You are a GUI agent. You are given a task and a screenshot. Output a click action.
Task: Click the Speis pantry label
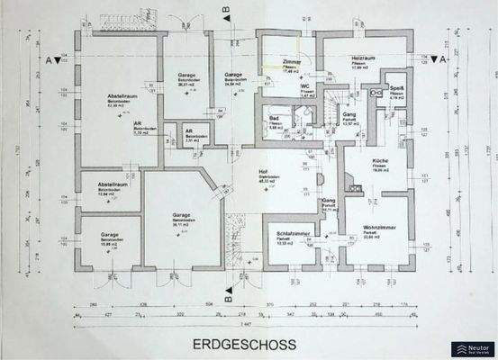[x=395, y=87]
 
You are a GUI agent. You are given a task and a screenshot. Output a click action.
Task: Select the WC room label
[x=307, y=87]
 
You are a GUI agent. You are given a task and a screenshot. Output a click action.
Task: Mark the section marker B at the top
[x=226, y=12]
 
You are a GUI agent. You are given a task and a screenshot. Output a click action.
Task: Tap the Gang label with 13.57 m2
[x=350, y=117]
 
